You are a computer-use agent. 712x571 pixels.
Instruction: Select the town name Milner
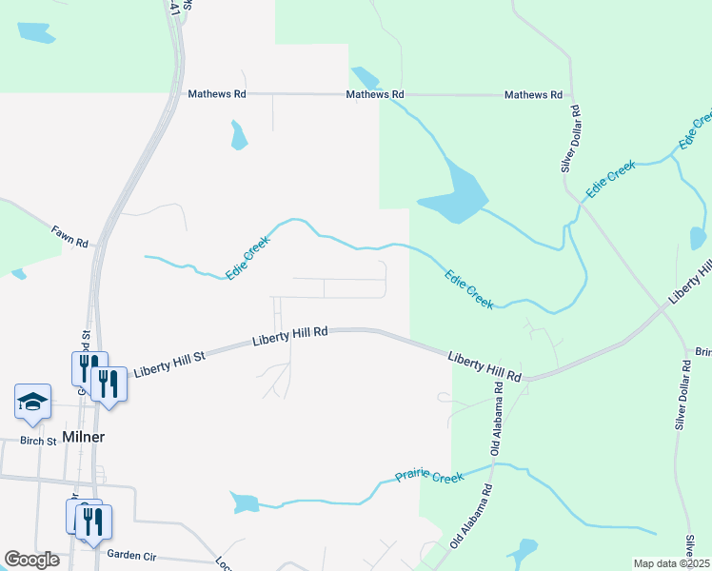pyautogui.click(x=83, y=437)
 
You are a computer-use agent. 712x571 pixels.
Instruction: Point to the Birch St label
pyautogui.click(x=37, y=442)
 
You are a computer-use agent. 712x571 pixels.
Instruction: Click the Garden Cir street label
pyautogui.click(x=136, y=555)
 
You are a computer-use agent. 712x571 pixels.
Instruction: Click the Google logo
pyautogui.click(x=31, y=560)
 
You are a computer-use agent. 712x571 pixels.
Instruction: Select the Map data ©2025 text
pyautogui.click(x=672, y=563)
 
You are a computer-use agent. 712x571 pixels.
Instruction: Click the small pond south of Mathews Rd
pyautogui.click(x=238, y=135)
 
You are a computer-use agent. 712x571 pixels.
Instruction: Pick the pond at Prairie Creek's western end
pyautogui.click(x=244, y=502)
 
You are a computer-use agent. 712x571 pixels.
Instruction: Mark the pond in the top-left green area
pyautogui.click(x=35, y=32)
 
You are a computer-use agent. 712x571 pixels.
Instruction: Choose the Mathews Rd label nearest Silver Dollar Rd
pyautogui.click(x=534, y=95)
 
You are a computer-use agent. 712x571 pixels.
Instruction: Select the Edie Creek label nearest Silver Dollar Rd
pyautogui.click(x=610, y=179)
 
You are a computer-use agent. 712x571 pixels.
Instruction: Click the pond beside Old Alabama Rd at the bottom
pyautogui.click(x=522, y=552)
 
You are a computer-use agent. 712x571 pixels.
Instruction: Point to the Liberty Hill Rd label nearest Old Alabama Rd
pyautogui.click(x=485, y=364)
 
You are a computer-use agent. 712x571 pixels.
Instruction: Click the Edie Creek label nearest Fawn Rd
pyautogui.click(x=248, y=257)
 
